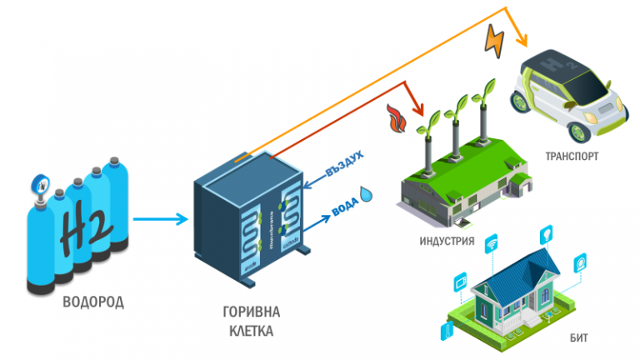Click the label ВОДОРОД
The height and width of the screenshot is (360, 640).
pos(92,302)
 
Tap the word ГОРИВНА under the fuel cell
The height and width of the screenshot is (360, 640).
pos(251,312)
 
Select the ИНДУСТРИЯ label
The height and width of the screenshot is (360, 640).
pos(447,242)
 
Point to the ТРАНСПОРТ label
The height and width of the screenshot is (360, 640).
pos(572,156)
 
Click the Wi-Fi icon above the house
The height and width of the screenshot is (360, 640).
pos(492,244)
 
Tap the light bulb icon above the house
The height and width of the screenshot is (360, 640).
pos(547,232)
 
